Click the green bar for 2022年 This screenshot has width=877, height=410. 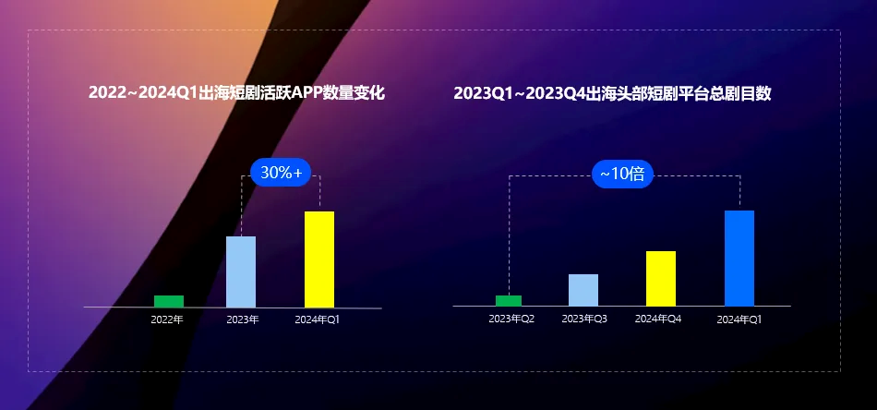tap(168, 301)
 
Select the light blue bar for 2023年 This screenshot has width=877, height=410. tap(241, 271)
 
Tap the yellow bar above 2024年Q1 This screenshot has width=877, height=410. tap(319, 259)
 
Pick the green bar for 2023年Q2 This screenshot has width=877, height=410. tap(509, 300)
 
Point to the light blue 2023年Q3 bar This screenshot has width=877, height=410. tap(583, 290)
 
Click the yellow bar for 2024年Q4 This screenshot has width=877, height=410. tap(661, 278)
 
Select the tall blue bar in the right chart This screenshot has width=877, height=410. tap(739, 258)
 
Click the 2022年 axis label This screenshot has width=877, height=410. tap(167, 320)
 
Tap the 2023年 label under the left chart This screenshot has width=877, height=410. tap(242, 320)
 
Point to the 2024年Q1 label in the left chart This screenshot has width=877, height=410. tap(318, 320)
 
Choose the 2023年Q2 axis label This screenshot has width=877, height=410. tap(511, 319)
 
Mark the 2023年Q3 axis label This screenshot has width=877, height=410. tap(584, 319)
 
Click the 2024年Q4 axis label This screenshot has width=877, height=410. tap(658, 319)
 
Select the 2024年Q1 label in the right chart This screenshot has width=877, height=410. tap(739, 320)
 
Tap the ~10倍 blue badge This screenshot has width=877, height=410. tap(622, 174)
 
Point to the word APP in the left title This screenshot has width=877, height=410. tap(306, 92)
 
